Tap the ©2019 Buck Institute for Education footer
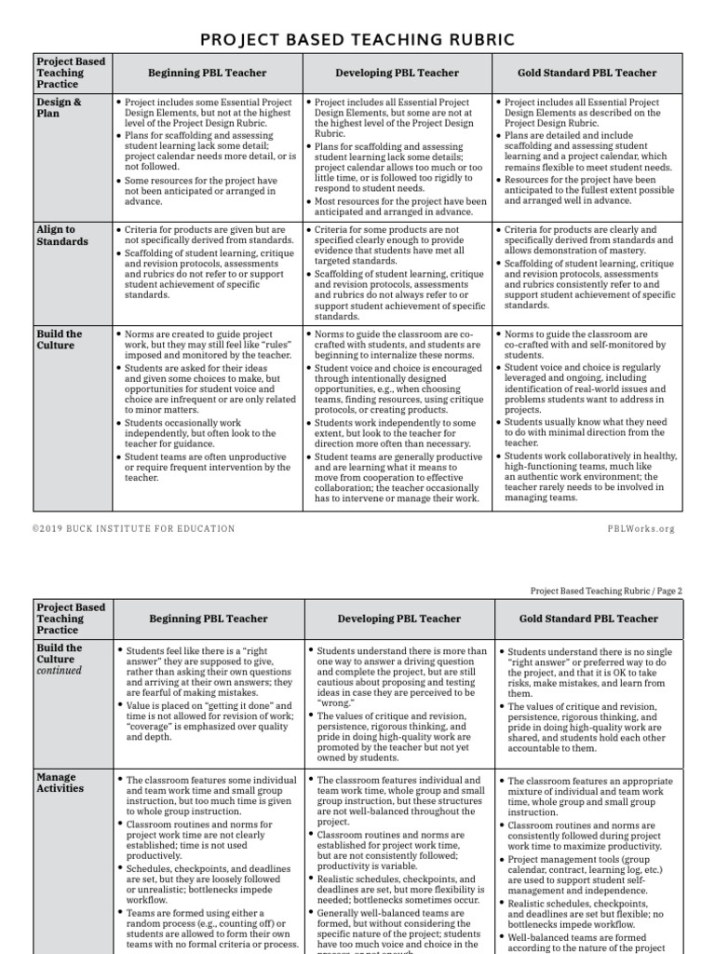[x=134, y=529]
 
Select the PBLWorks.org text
[x=641, y=529]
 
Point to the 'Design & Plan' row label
[x=58, y=108]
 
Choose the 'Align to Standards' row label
[x=62, y=236]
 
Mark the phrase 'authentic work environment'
[x=563, y=477]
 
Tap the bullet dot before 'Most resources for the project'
[x=310, y=201]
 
